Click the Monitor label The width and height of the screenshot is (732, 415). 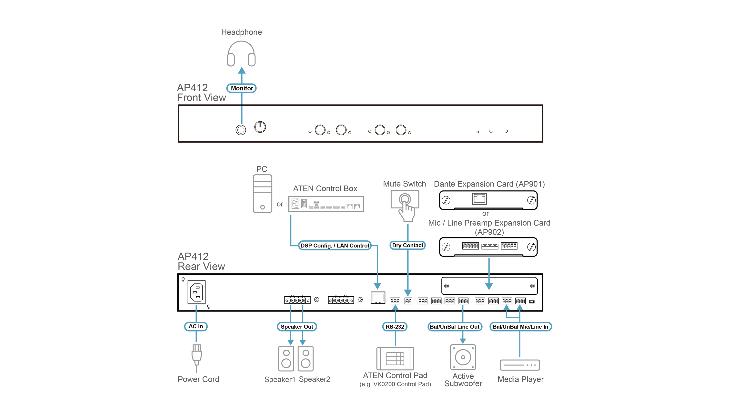242,88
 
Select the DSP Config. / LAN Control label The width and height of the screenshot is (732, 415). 335,245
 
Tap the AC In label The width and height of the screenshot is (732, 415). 196,326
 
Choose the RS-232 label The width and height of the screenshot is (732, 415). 395,327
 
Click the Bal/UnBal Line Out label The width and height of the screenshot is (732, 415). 455,327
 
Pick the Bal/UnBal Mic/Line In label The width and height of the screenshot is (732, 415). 520,327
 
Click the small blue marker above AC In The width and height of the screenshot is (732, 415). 196,308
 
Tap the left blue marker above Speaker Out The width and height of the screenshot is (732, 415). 291,308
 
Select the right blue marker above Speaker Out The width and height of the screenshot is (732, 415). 303,308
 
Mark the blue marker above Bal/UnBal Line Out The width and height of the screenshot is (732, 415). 463,308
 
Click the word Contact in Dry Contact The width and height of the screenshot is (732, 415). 413,245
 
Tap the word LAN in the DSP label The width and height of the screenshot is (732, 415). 342,246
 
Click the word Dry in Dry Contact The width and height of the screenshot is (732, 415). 397,245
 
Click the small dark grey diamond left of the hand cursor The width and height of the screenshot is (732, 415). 280,203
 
